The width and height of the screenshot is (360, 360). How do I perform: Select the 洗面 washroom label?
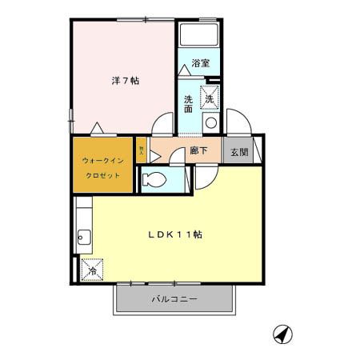pos(188,104)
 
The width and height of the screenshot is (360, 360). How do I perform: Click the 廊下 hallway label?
pos(199,150)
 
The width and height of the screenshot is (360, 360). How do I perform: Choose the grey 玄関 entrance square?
pos(238,150)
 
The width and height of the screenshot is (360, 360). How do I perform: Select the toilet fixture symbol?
pos(154,180)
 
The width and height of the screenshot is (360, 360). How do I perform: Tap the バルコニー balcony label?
pos(175,299)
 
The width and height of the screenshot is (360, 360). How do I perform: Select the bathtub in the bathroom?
pos(198,34)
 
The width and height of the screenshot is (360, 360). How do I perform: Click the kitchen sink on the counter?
pos(84,236)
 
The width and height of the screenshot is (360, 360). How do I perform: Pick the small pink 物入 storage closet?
pos(142,150)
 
